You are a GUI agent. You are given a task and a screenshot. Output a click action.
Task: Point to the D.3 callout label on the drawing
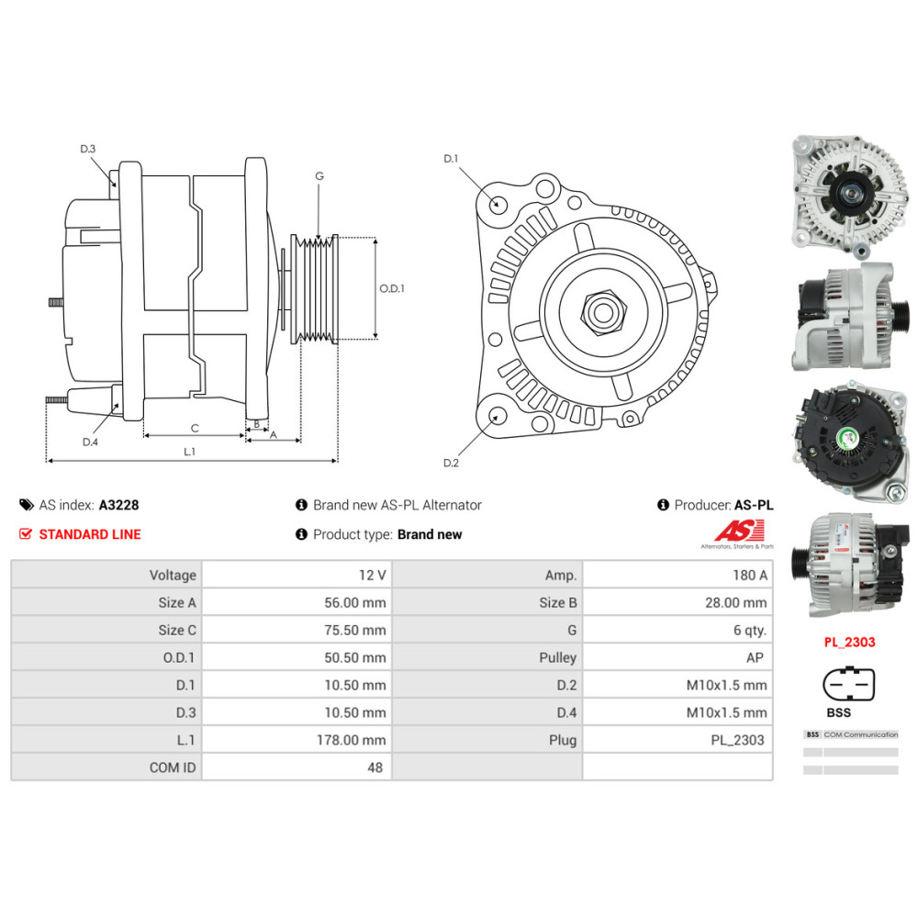(88, 149)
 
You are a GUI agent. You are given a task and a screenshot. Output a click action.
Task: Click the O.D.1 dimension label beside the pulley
(392, 288)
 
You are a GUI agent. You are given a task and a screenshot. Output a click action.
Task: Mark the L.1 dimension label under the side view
(190, 451)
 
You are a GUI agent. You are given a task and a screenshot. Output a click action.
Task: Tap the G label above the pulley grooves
(319, 175)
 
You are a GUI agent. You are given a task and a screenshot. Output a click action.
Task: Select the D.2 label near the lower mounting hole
(451, 463)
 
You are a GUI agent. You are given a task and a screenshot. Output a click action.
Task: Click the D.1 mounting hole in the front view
(497, 203)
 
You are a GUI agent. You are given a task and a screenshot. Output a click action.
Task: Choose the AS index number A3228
(118, 505)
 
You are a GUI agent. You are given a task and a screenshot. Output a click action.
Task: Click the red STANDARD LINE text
(89, 534)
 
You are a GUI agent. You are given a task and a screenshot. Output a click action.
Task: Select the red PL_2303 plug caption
(849, 643)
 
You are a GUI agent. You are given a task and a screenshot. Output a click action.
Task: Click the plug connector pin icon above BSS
(849, 685)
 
